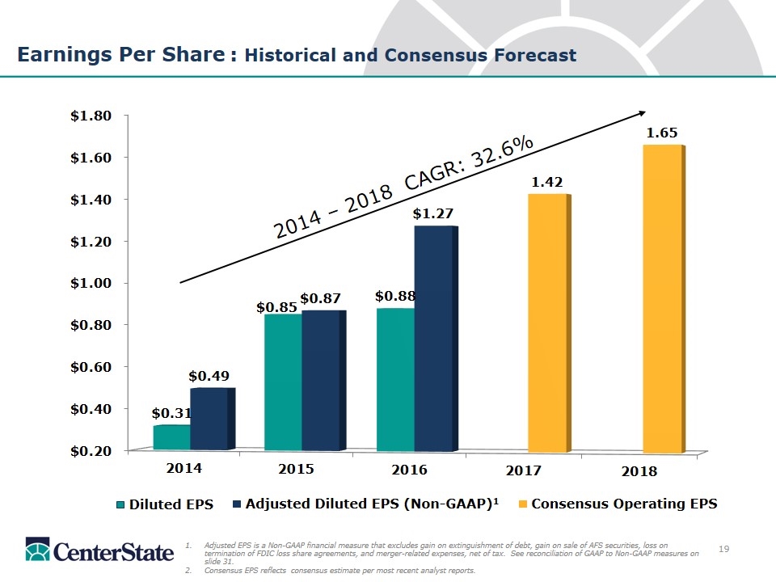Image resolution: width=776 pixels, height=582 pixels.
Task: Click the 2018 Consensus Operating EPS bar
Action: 663,299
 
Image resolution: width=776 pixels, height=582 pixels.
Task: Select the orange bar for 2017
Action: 547,323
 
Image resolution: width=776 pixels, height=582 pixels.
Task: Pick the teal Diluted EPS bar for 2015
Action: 283,381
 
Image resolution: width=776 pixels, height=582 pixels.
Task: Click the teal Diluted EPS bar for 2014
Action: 171,436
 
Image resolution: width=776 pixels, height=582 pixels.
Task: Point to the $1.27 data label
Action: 432,213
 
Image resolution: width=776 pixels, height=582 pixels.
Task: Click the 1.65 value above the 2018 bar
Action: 661,132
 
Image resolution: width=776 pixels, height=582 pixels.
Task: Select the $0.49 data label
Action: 209,376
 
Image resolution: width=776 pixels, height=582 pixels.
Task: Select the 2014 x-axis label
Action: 185,467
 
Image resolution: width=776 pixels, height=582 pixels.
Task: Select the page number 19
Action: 724,550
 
